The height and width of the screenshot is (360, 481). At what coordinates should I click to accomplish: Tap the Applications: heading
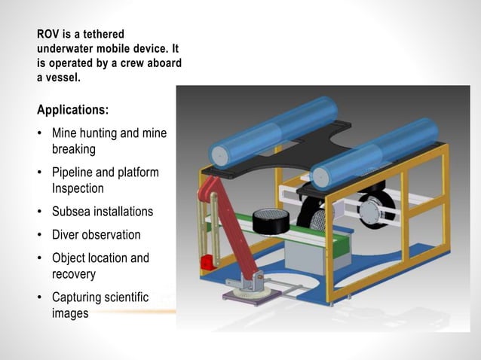click(72, 110)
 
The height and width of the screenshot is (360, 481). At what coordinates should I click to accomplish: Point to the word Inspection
click(78, 188)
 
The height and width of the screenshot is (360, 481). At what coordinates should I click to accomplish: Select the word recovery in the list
click(74, 273)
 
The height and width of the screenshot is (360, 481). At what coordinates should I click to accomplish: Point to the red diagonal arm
click(230, 226)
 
